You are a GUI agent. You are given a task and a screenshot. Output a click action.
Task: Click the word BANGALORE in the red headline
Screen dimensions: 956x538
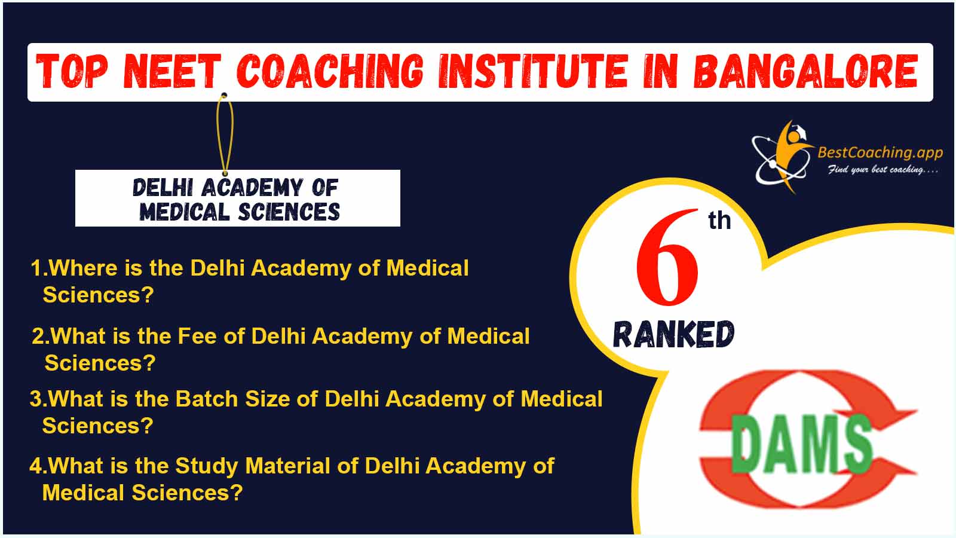click(x=805, y=71)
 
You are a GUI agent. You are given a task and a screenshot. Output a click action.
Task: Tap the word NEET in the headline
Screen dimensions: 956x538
click(x=172, y=71)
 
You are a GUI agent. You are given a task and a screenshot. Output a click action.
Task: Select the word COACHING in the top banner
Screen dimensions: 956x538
click(x=330, y=71)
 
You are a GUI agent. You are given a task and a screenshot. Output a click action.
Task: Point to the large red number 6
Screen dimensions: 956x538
click(x=667, y=258)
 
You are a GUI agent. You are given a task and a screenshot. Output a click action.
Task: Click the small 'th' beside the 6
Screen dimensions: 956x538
click(x=719, y=221)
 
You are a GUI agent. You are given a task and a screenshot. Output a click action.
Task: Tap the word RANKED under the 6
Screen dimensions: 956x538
click(x=673, y=334)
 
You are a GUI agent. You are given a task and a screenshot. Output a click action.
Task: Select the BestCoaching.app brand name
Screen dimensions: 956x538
click(x=880, y=152)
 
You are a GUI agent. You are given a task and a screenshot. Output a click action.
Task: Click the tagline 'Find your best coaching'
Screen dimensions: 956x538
click(x=883, y=170)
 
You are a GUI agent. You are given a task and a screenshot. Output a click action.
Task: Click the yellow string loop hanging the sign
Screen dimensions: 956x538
click(x=225, y=134)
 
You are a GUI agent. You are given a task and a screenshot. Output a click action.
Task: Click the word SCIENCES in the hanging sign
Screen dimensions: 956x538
click(x=289, y=212)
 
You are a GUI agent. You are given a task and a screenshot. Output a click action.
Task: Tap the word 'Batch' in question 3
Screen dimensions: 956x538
click(x=207, y=399)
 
